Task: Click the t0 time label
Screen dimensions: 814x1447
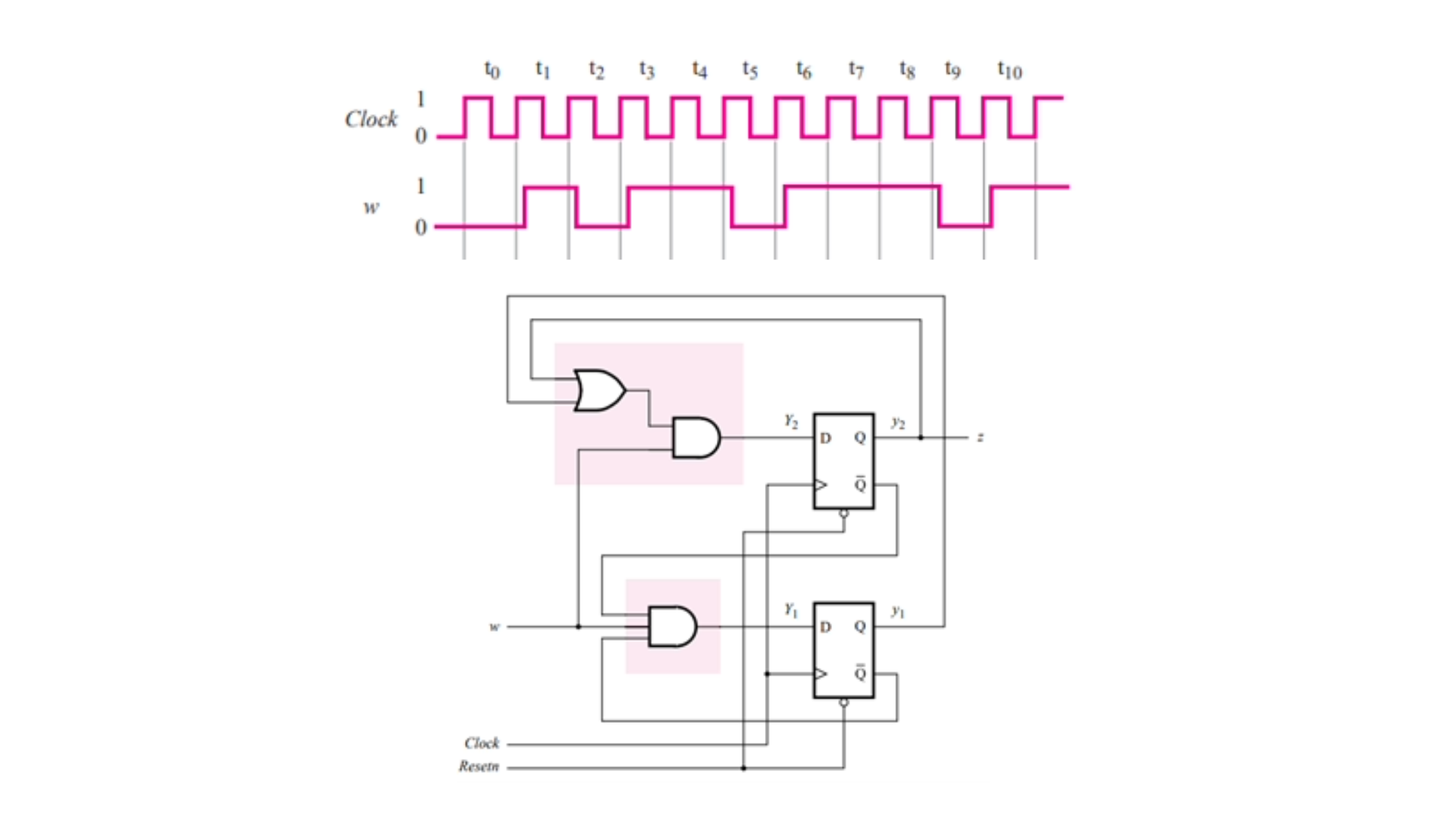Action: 491,70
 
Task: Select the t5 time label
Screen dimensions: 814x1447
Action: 749,70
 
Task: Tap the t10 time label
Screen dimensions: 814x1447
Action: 1009,70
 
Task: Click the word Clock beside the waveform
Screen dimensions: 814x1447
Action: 371,119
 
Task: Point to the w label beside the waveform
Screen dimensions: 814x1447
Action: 371,207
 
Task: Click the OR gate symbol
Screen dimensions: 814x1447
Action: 599,390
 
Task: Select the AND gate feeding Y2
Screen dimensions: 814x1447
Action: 696,438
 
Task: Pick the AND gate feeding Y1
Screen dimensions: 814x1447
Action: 672,626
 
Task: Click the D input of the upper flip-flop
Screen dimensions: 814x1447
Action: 825,438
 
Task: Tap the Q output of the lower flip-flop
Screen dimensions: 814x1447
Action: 860,626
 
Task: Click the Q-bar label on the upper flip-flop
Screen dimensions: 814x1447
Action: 860,485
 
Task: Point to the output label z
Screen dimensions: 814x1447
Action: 980,437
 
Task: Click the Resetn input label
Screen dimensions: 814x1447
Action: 479,767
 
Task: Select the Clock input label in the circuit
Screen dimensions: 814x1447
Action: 482,743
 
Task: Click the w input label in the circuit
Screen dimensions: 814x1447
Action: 494,626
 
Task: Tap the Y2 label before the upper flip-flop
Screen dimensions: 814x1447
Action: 791,421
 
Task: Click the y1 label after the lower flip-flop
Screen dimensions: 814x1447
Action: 898,610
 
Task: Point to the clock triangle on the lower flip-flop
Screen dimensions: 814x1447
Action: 821,673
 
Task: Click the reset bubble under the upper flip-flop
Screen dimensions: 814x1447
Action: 843,513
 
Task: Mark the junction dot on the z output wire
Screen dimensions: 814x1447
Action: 920,437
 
